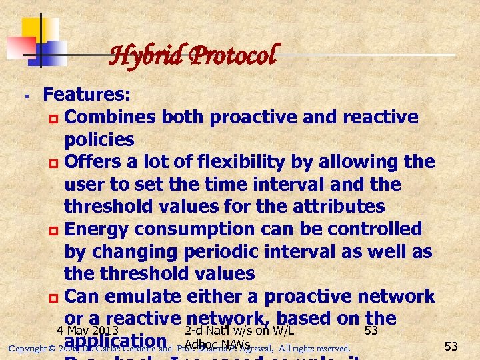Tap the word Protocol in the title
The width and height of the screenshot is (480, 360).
tap(233, 55)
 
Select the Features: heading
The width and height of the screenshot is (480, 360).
tap(87, 95)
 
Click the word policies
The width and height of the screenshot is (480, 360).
tap(99, 140)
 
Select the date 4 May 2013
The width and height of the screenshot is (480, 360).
tap(88, 330)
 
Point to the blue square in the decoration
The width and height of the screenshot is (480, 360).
tap(52, 52)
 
